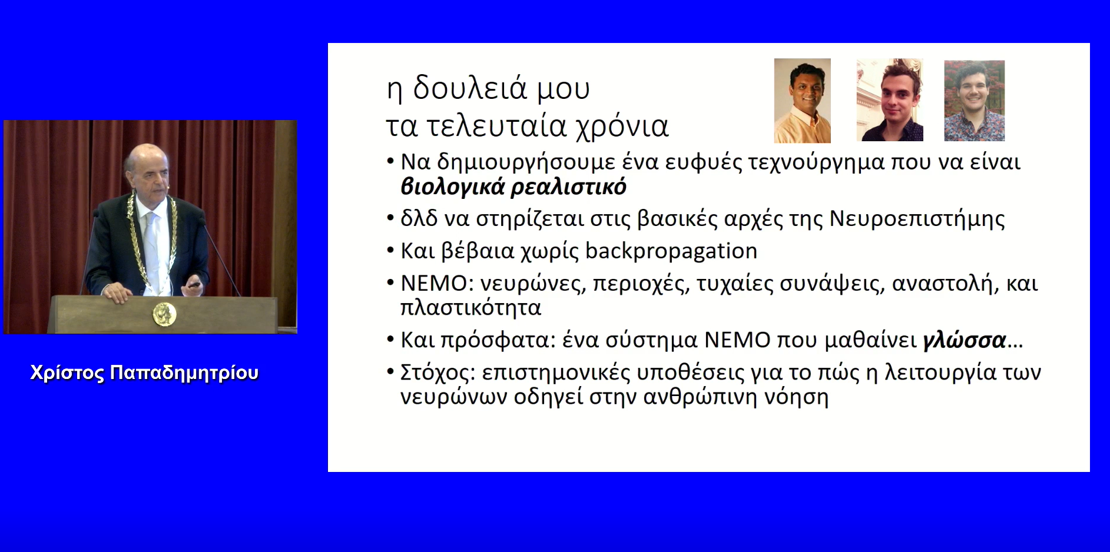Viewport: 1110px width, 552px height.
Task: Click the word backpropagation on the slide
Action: (671, 251)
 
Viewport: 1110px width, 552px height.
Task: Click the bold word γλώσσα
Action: (964, 340)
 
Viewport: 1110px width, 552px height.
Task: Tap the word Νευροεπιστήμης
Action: (917, 219)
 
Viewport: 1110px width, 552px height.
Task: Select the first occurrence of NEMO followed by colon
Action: (438, 284)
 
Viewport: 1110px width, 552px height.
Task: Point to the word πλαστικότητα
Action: (470, 308)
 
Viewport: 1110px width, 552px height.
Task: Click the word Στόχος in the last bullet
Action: (437, 373)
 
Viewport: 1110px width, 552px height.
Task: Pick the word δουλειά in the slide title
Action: (469, 88)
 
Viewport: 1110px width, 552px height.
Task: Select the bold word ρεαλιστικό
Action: (568, 187)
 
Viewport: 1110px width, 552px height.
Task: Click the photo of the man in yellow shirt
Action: (802, 101)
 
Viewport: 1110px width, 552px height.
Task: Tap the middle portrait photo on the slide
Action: (889, 99)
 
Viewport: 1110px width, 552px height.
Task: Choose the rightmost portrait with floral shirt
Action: (974, 101)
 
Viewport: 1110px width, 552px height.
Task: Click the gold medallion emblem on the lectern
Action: (164, 314)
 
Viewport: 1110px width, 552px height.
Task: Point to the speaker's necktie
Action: (151, 247)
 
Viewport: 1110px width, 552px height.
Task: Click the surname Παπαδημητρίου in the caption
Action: (184, 373)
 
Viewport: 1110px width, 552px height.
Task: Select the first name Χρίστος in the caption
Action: (68, 373)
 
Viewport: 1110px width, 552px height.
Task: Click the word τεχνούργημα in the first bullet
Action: (816, 162)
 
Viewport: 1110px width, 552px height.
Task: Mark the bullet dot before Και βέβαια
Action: (390, 251)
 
